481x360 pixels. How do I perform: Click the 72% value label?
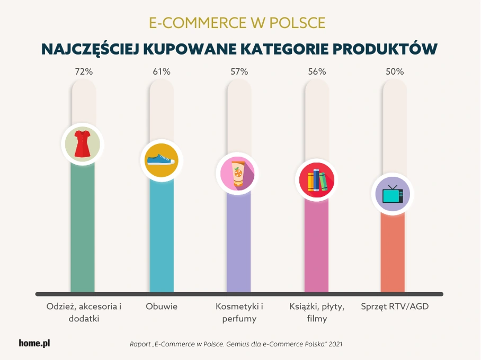pos(84,71)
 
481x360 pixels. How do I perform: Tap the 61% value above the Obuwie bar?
pos(162,71)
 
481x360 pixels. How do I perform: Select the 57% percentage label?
pos(239,71)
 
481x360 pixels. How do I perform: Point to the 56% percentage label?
pos(317,71)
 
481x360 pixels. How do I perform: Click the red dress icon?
pos(83,144)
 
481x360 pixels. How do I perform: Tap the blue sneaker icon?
pos(161,160)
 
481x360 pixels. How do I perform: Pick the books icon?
pos(316,180)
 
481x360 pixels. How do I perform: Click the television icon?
pos(393,194)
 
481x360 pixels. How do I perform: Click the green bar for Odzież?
pos(83,233)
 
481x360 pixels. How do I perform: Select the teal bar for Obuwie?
pos(161,238)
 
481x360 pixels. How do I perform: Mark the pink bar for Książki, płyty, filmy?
pos(316,249)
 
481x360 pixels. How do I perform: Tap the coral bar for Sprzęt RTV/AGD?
pos(393,254)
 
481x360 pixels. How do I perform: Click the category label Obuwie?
pos(162,307)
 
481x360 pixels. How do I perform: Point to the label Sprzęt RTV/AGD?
pos(395,307)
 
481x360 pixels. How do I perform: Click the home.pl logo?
pos(34,343)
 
